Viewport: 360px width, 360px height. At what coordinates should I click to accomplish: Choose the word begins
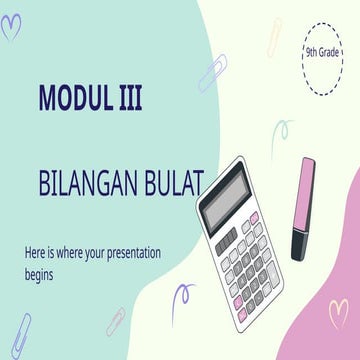coord(43,270)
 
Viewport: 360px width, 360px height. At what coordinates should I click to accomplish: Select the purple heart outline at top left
coord(11,27)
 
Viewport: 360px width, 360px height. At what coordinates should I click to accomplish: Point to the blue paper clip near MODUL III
coord(212,73)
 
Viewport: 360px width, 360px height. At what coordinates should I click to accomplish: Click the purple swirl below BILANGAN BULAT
coord(183,300)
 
